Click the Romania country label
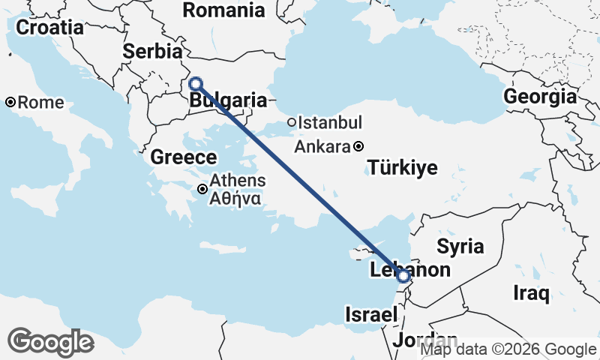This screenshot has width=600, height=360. (223, 10)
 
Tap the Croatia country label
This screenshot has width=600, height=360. (49, 28)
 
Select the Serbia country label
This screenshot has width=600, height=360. (152, 52)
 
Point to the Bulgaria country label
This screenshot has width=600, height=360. (229, 100)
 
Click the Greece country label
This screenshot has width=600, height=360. (184, 157)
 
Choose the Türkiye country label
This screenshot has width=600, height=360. (403, 167)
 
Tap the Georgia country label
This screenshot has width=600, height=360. (540, 97)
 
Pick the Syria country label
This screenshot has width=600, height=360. (460, 246)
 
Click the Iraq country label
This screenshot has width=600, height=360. (532, 292)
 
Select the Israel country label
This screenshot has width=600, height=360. (370, 316)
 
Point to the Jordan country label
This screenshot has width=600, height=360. (425, 340)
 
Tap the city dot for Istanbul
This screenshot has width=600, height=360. (292, 122)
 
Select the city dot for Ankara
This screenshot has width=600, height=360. (359, 146)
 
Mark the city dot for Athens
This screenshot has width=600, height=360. (203, 189)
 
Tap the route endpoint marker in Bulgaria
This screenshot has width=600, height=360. (196, 83)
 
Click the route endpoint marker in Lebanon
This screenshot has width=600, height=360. (403, 277)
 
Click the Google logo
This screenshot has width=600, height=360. (51, 342)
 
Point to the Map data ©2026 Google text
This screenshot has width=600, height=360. (508, 349)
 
